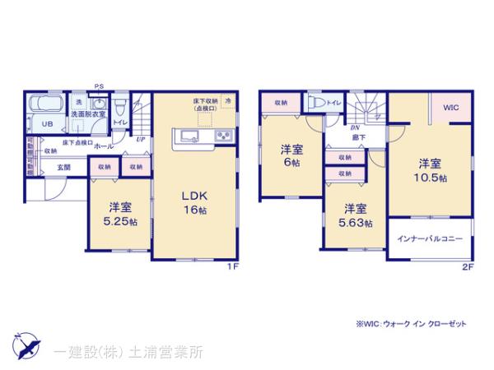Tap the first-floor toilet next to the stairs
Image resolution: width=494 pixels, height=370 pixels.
120,107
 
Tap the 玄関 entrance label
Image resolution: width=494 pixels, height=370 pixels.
63,167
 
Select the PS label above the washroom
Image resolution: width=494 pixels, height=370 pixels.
99,86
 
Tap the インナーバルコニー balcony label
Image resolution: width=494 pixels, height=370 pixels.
430,238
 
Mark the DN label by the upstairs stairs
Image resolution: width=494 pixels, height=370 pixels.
355,129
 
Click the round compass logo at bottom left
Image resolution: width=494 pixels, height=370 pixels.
26,344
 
